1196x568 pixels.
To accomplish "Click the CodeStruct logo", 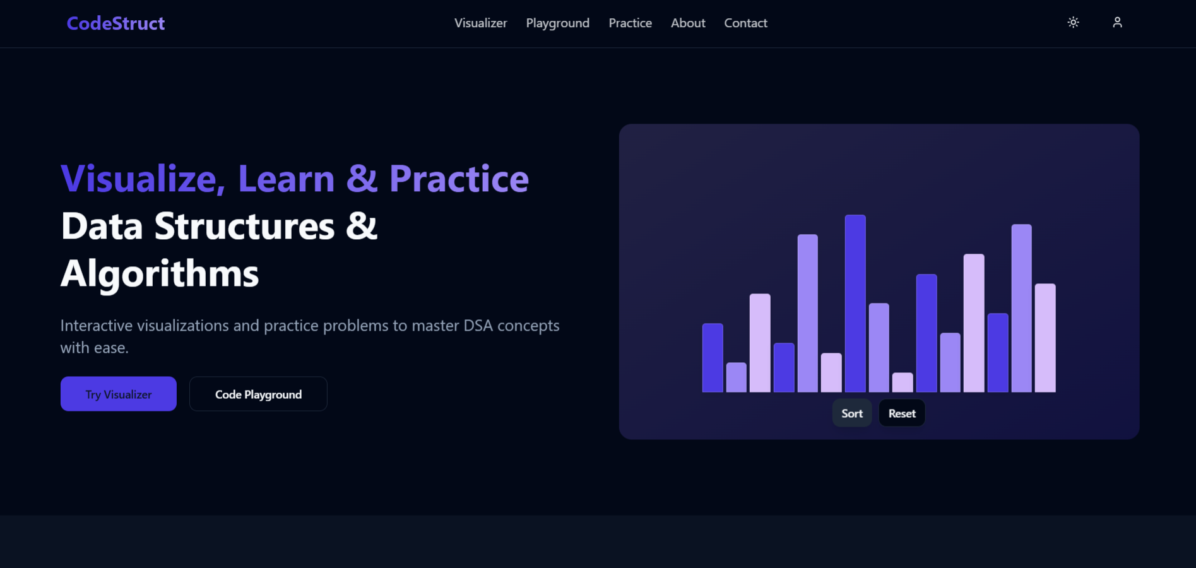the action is click(x=115, y=23).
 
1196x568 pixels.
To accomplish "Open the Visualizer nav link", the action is click(x=480, y=23).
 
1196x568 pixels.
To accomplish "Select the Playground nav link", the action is click(x=558, y=23).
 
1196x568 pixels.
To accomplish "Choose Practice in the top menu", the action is click(x=630, y=23).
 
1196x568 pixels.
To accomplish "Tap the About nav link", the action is click(x=688, y=23).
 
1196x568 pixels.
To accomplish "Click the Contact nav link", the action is click(x=745, y=23).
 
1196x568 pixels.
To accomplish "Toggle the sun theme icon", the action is click(x=1073, y=23).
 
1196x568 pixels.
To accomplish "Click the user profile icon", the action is click(x=1117, y=23).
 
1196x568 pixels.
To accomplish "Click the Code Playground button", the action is click(x=258, y=394).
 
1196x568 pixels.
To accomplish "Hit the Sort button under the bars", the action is click(x=852, y=413).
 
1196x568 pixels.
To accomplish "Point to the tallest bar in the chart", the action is click(x=855, y=304).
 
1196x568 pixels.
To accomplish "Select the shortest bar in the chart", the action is click(x=903, y=382).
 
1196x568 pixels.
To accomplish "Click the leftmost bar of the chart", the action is click(x=713, y=358).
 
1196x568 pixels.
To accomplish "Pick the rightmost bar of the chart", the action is click(x=1045, y=338).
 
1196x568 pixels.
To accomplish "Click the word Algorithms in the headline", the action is click(x=160, y=274).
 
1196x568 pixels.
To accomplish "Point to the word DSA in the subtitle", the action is click(x=478, y=326).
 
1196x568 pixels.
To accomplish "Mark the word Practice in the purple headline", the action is click(x=459, y=179).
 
